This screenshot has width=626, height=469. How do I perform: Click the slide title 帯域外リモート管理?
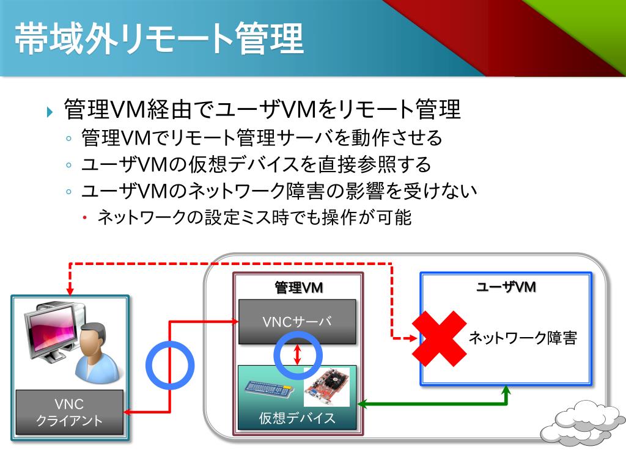[159, 40]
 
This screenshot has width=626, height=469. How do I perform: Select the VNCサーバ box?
[296, 322]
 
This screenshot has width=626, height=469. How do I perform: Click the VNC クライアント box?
[69, 412]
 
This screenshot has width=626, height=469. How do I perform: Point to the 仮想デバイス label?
[297, 418]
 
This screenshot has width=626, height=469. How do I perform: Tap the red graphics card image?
[326, 387]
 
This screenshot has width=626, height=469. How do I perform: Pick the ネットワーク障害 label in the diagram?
[523, 338]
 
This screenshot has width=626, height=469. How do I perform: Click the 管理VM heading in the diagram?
[298, 288]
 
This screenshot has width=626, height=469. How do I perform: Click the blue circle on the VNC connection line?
[169, 365]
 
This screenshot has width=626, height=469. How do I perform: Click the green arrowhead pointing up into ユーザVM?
[506, 391]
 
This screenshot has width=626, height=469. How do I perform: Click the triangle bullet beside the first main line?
[50, 112]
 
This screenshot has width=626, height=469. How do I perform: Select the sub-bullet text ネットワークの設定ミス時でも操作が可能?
[254, 217]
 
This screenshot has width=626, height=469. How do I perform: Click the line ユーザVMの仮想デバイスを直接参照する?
[256, 164]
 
